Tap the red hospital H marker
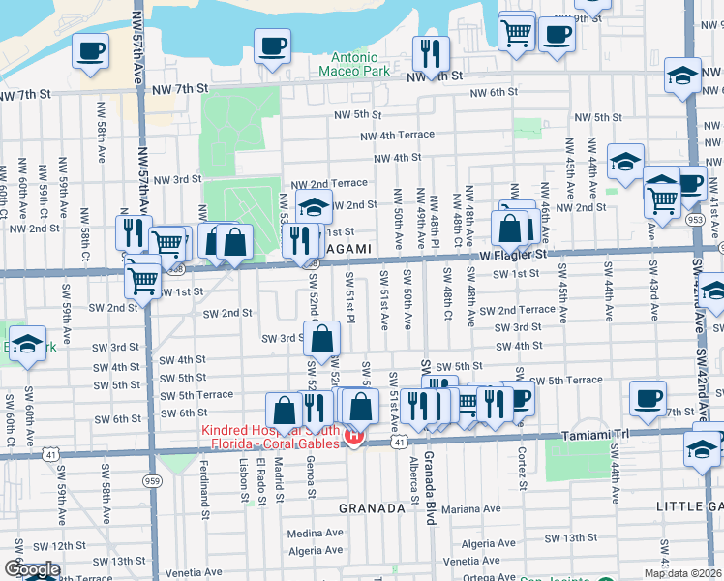click(x=353, y=437)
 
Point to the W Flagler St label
click(x=514, y=255)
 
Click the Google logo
click(x=31, y=569)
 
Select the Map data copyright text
click(x=683, y=573)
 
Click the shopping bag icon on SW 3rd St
click(x=323, y=340)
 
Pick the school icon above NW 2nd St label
click(x=315, y=204)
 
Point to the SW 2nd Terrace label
click(x=524, y=310)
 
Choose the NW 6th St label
click(x=495, y=92)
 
